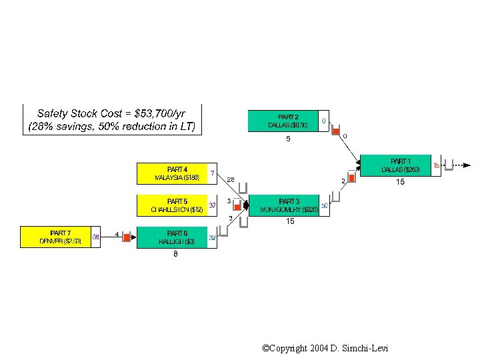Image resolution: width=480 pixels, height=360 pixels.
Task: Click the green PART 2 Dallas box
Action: pos(283,121)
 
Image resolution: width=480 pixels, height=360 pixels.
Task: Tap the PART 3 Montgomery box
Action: pos(284,205)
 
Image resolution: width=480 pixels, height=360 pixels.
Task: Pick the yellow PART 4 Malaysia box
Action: pos(172,173)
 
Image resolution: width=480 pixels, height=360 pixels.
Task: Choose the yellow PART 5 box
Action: pos(172,205)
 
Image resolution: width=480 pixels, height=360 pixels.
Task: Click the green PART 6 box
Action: pos(172,237)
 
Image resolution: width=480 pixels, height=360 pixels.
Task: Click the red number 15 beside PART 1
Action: pos(437,165)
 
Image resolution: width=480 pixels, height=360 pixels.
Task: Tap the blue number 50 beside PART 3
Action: pos(324,206)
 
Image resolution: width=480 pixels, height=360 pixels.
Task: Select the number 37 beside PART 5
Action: pos(213,205)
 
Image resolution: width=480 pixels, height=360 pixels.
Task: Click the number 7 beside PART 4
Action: pos(212,173)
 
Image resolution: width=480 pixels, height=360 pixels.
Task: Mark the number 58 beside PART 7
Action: pos(96,237)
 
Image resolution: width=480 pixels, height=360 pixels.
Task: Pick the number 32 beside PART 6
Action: pos(212,237)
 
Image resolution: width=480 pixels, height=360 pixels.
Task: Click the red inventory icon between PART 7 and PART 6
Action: pos(127,237)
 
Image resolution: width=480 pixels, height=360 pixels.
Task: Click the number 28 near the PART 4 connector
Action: pos(230,179)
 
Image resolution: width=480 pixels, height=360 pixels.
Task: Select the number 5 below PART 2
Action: pos(288,139)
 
